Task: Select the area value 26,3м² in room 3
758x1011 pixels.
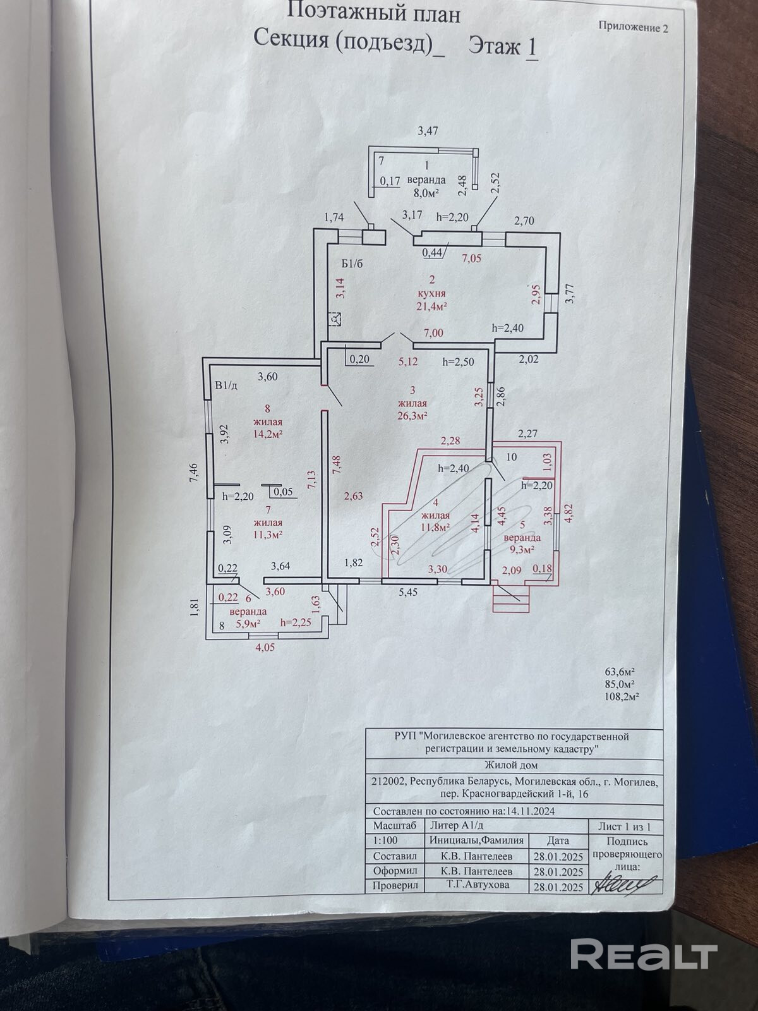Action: point(412,416)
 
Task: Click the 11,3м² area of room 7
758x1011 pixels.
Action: point(267,534)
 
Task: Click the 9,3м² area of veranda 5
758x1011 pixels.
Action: point(521,549)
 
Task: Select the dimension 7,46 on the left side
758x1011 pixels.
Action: point(194,475)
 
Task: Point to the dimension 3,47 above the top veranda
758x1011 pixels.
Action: point(428,131)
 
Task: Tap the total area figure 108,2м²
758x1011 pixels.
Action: point(621,697)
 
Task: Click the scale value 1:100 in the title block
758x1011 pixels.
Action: point(385,841)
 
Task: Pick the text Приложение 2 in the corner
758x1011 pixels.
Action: point(632,27)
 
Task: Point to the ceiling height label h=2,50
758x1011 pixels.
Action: point(458,362)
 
